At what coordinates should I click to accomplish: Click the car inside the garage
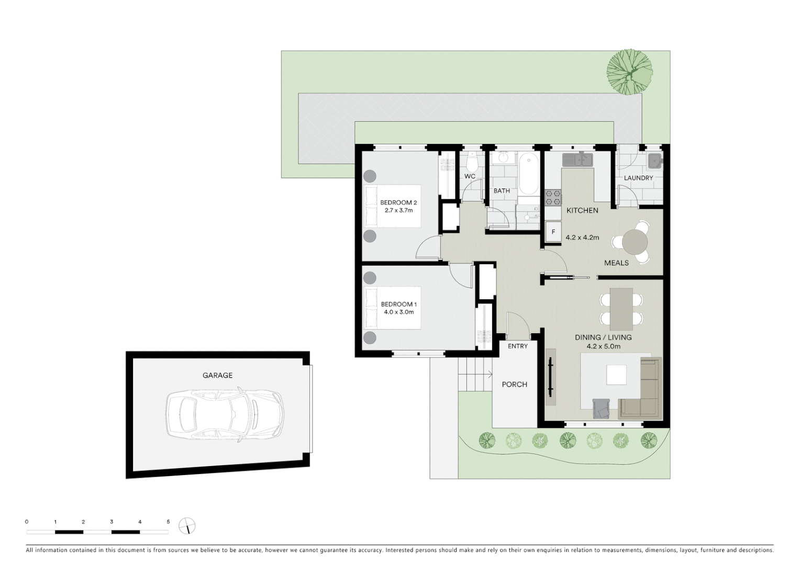click(x=225, y=415)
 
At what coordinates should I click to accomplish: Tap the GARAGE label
click(x=217, y=375)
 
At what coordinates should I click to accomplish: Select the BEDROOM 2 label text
click(x=398, y=202)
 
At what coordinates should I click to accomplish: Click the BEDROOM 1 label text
click(x=398, y=304)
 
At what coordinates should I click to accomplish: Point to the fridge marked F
click(x=553, y=232)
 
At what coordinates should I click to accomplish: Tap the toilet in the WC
click(x=472, y=163)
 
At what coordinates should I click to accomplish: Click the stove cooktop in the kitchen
click(x=553, y=198)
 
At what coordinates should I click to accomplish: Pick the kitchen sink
click(x=577, y=159)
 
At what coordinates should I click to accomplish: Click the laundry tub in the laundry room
click(x=654, y=161)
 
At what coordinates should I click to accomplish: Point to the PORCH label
click(x=514, y=384)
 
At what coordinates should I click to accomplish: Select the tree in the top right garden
click(x=629, y=72)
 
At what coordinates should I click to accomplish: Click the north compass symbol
click(x=187, y=525)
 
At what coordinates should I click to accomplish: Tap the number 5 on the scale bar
click(x=168, y=522)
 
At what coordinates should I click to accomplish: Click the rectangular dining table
click(x=621, y=309)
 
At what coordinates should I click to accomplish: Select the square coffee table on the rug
click(x=616, y=375)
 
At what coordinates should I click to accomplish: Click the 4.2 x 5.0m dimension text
click(x=603, y=346)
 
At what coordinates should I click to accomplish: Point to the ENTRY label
click(x=517, y=346)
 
